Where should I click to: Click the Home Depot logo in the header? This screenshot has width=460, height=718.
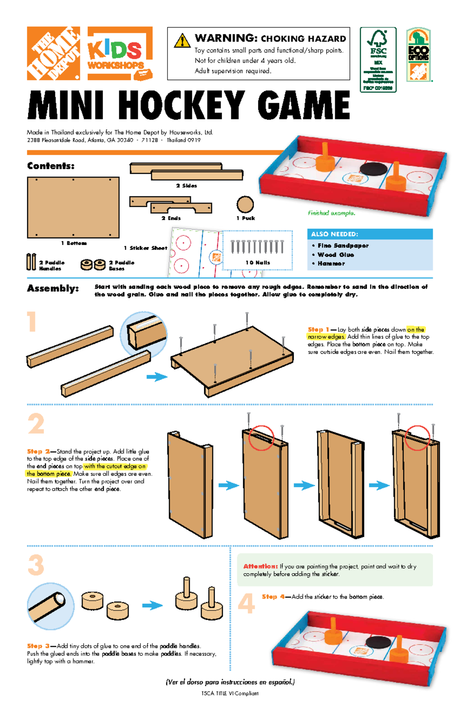click(x=53, y=53)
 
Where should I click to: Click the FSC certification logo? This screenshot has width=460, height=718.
click(x=378, y=59)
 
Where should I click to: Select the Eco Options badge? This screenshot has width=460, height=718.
click(x=418, y=54)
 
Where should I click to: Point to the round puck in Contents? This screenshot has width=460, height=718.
click(x=245, y=204)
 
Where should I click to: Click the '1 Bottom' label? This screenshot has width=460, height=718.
click(x=74, y=243)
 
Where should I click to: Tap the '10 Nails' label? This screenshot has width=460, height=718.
click(x=258, y=263)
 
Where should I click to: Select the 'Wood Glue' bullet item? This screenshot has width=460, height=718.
click(x=335, y=255)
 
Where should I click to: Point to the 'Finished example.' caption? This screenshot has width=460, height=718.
click(x=331, y=213)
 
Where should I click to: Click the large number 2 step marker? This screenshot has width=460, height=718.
click(x=36, y=424)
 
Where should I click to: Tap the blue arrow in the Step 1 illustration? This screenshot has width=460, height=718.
click(x=157, y=377)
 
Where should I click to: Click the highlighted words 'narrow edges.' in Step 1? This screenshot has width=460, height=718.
click(x=326, y=337)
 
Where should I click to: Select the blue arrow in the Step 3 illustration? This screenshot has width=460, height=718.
click(x=152, y=606)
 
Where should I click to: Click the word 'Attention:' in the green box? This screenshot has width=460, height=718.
click(x=260, y=566)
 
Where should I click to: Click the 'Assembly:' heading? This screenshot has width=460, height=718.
click(x=53, y=289)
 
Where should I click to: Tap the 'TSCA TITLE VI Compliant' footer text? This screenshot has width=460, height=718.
click(x=230, y=693)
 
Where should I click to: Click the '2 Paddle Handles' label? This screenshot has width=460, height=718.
click(x=52, y=266)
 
